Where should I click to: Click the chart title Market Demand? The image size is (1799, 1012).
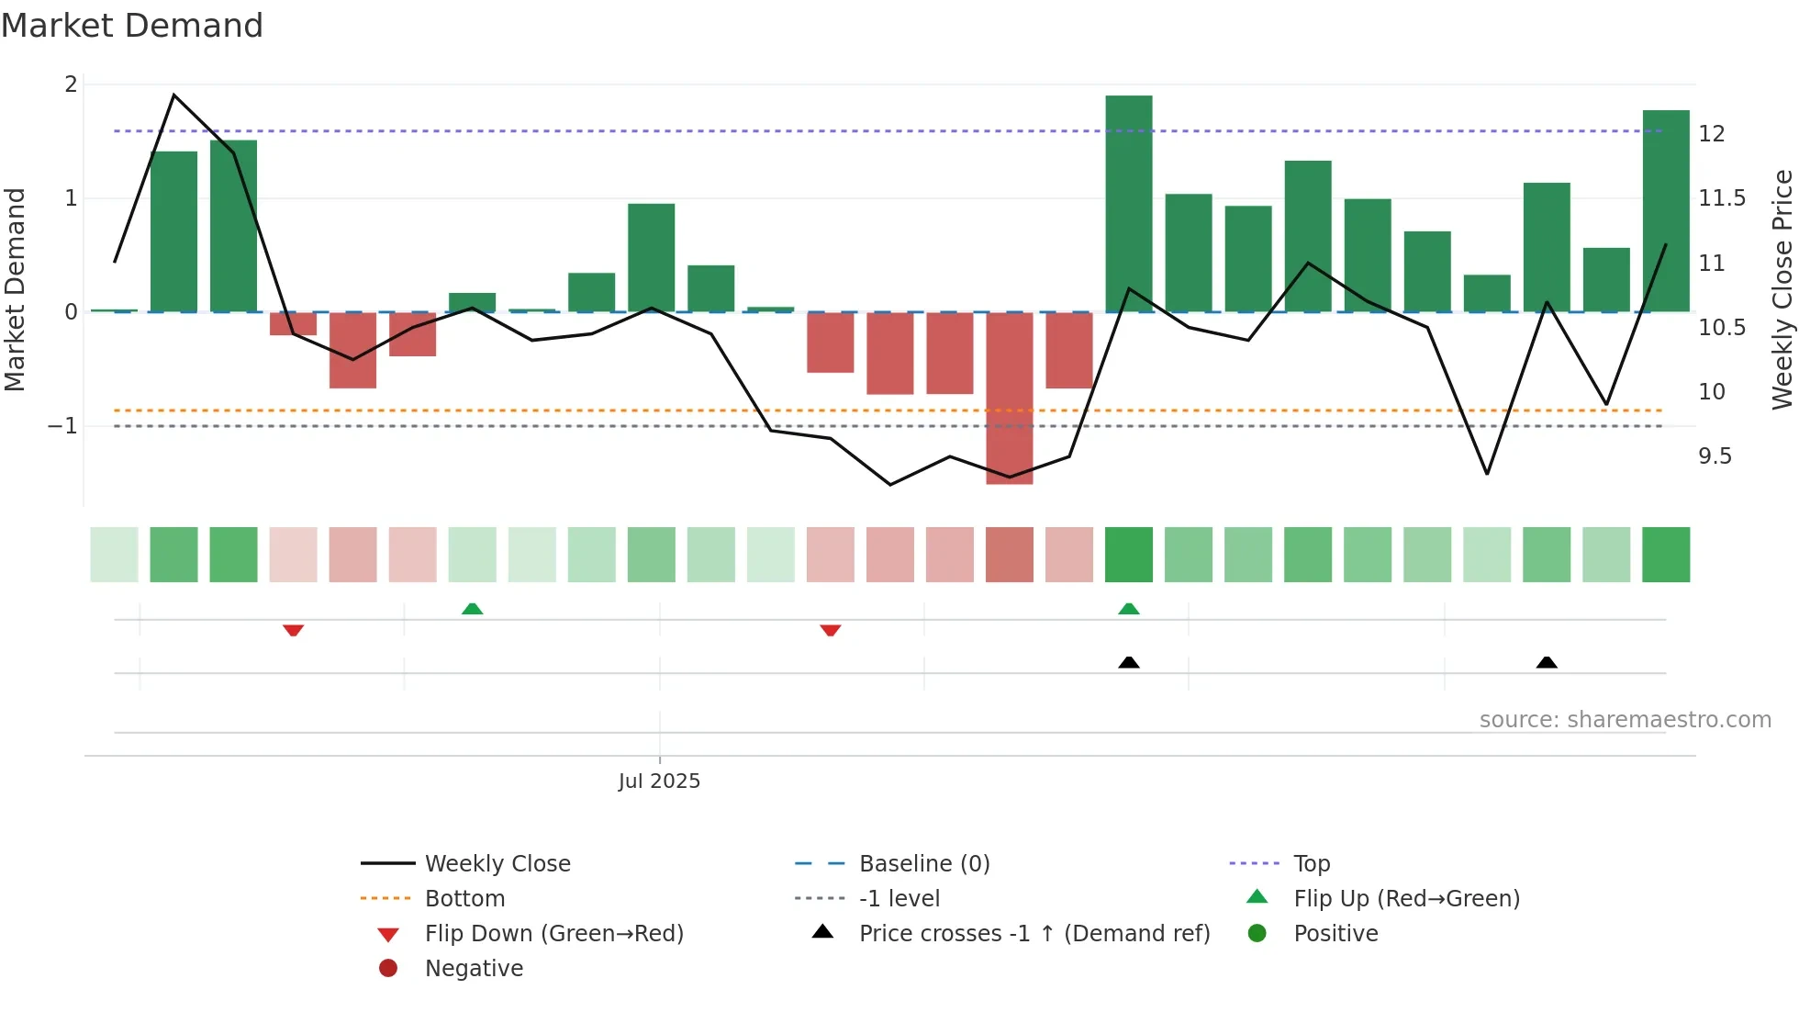click(x=132, y=26)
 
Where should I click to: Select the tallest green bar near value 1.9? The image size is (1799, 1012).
click(x=1128, y=202)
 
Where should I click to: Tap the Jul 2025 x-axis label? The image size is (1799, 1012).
click(x=659, y=781)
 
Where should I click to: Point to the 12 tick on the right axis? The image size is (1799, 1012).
click(x=1712, y=134)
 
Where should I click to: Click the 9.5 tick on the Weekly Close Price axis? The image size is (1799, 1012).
click(x=1715, y=456)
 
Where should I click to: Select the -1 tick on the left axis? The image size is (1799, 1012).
click(x=62, y=426)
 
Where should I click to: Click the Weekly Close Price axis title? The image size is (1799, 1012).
click(x=1782, y=289)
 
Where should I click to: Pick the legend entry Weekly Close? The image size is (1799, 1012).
click(x=497, y=864)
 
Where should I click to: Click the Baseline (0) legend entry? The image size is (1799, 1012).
click(x=923, y=864)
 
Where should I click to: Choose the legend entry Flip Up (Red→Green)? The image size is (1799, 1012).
click(x=1405, y=899)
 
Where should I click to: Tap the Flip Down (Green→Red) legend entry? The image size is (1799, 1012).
click(x=553, y=934)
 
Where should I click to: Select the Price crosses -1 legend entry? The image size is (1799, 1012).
click(x=1034, y=934)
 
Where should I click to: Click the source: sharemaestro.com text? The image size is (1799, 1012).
click(x=1625, y=720)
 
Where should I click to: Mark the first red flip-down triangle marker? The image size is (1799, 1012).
click(x=293, y=630)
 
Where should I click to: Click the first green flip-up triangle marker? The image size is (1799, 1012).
click(x=472, y=609)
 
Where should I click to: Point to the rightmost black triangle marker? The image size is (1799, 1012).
click(x=1547, y=662)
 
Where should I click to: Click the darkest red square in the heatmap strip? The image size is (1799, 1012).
click(x=1009, y=555)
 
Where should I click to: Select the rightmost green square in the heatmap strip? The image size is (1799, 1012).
click(x=1665, y=555)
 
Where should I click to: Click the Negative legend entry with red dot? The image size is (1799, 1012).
click(x=473, y=969)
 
